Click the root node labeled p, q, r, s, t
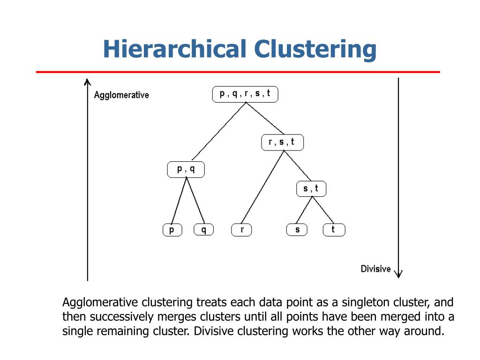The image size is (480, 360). [245, 94]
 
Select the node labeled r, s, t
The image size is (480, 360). [282, 142]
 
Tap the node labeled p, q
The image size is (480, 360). [186, 169]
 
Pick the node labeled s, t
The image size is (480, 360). [311, 188]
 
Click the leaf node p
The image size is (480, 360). [172, 230]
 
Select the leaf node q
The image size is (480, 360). [203, 230]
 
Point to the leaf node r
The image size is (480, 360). [241, 230]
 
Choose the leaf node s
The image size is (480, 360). [297, 230]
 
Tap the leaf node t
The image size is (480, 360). [333, 230]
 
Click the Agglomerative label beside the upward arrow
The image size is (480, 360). [121, 95]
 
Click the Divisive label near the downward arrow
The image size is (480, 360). [375, 269]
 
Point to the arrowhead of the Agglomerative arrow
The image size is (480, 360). [87, 82]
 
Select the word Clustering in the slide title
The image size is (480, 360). [315, 49]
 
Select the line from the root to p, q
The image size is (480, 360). [219, 131]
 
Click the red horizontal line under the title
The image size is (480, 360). [238, 72]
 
